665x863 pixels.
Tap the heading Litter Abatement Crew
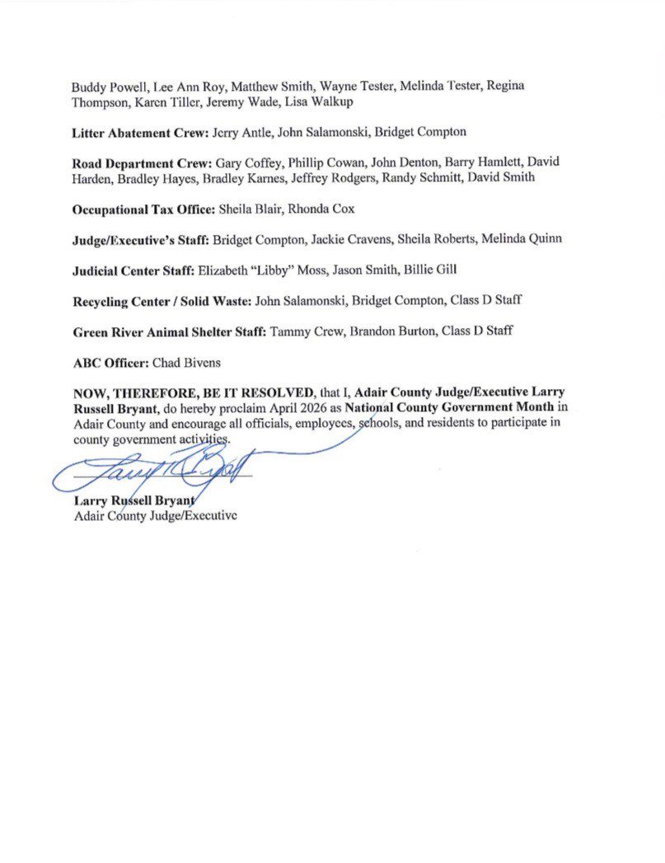141,131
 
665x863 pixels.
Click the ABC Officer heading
110,361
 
